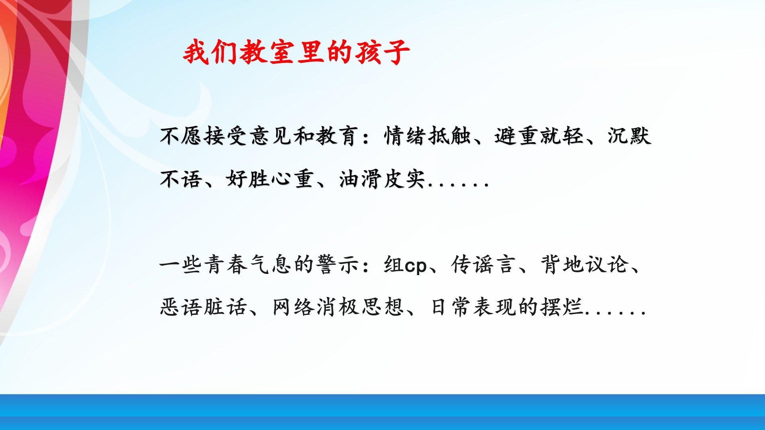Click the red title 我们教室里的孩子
(x=296, y=52)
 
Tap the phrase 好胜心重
(x=270, y=179)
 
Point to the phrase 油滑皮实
(x=382, y=179)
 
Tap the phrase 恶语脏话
(x=203, y=307)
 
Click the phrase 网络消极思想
(x=338, y=307)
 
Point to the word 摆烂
(x=562, y=307)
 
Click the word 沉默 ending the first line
(x=629, y=136)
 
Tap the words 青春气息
(x=248, y=264)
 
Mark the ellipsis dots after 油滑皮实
(x=458, y=185)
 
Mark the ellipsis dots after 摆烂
(x=616, y=313)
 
